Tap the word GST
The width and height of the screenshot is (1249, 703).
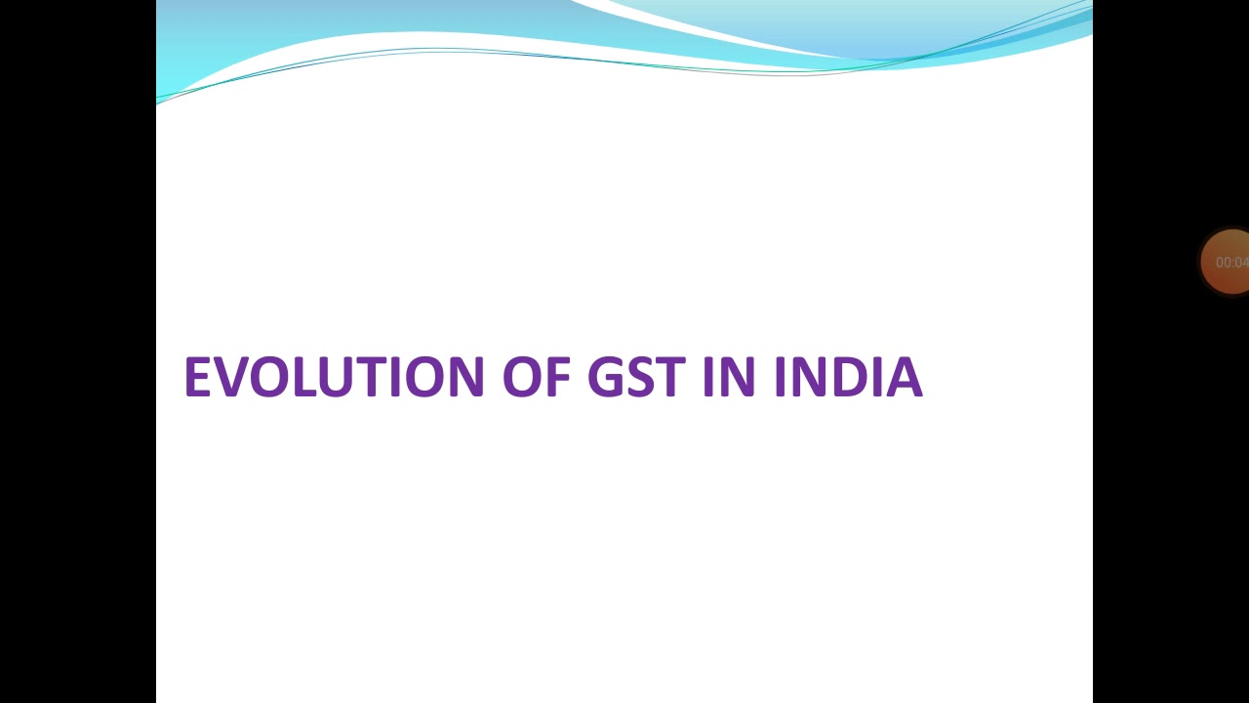click(635, 377)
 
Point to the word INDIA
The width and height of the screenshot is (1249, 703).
click(848, 377)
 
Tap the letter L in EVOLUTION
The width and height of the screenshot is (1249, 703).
click(302, 377)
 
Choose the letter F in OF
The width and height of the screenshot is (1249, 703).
click(559, 377)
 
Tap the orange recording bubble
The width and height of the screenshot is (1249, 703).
click(1227, 262)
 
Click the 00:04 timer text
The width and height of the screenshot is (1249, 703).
click(1231, 263)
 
